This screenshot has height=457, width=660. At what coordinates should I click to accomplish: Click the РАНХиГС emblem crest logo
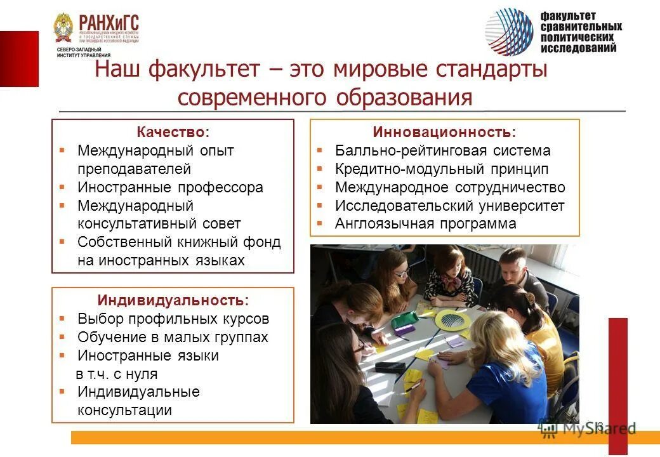[x=64, y=29]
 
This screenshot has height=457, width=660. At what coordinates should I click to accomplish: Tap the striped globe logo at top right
[x=510, y=31]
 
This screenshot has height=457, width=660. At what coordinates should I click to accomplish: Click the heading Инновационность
[x=444, y=132]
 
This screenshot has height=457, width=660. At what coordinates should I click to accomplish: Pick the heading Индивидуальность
[x=173, y=300]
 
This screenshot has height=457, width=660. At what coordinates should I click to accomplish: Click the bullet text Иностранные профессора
[x=170, y=187]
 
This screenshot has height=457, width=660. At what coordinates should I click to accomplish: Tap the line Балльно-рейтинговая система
[x=443, y=150]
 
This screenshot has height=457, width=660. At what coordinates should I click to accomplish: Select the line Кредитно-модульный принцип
[x=442, y=169]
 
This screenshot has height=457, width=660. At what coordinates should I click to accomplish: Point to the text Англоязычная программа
[x=426, y=224]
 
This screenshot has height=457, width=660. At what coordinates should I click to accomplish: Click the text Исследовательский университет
[x=449, y=206]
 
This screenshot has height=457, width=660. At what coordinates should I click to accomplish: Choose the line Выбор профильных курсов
[x=173, y=319]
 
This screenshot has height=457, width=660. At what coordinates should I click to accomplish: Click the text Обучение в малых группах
[x=173, y=337]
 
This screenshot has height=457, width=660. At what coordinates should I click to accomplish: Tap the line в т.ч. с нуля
[x=117, y=374]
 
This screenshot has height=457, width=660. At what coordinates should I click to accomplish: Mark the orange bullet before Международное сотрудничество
[x=320, y=187]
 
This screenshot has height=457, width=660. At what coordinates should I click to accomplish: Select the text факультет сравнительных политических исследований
[x=581, y=32]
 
